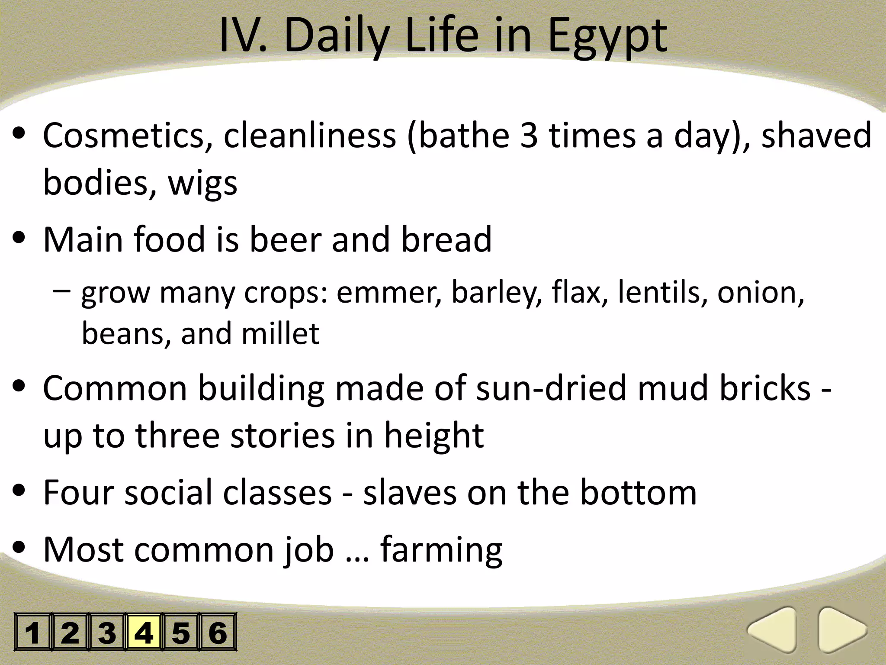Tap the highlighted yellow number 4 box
pos(144,632)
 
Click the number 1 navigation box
pos(33,632)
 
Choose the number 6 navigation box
pos(218,632)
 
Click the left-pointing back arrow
pos(774,630)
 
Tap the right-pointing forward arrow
pos(841,630)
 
